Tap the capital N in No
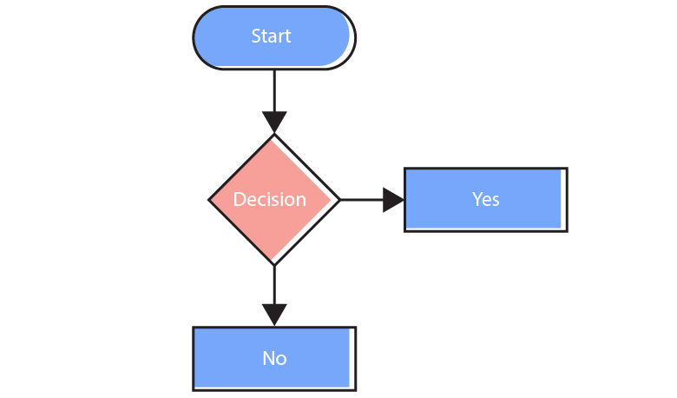pyautogui.click(x=268, y=358)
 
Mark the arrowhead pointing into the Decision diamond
pyautogui.click(x=274, y=123)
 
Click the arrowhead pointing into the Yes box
pyautogui.click(x=393, y=200)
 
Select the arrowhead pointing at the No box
pyautogui.click(x=274, y=315)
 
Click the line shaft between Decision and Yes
pyautogui.click(x=360, y=200)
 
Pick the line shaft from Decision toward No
pyautogui.click(x=274, y=283)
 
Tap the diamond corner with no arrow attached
pyautogui.click(x=211, y=200)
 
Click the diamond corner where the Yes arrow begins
pyautogui.click(x=337, y=200)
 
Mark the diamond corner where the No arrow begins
pyautogui.click(x=274, y=262)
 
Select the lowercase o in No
pyautogui.click(x=281, y=360)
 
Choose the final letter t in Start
pyautogui.click(x=287, y=36)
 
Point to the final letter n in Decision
pyautogui.click(x=301, y=201)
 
